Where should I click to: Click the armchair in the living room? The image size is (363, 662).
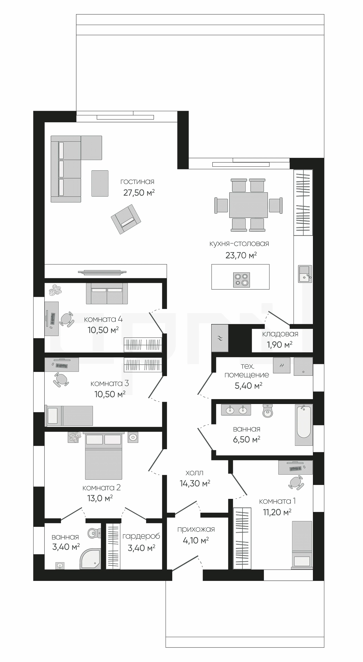click(126, 219)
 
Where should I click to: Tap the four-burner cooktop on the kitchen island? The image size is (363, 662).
click(241, 280)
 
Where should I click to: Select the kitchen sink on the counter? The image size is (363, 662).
click(305, 274)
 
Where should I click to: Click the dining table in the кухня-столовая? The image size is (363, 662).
click(248, 205)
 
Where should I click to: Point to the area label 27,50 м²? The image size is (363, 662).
click(139, 193)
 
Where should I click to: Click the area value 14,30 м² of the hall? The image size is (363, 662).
click(195, 483)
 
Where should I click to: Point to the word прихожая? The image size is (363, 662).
click(196, 529)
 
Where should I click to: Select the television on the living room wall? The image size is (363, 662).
click(102, 272)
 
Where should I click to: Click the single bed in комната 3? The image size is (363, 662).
click(69, 416)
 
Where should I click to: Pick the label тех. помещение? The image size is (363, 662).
click(247, 370)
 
